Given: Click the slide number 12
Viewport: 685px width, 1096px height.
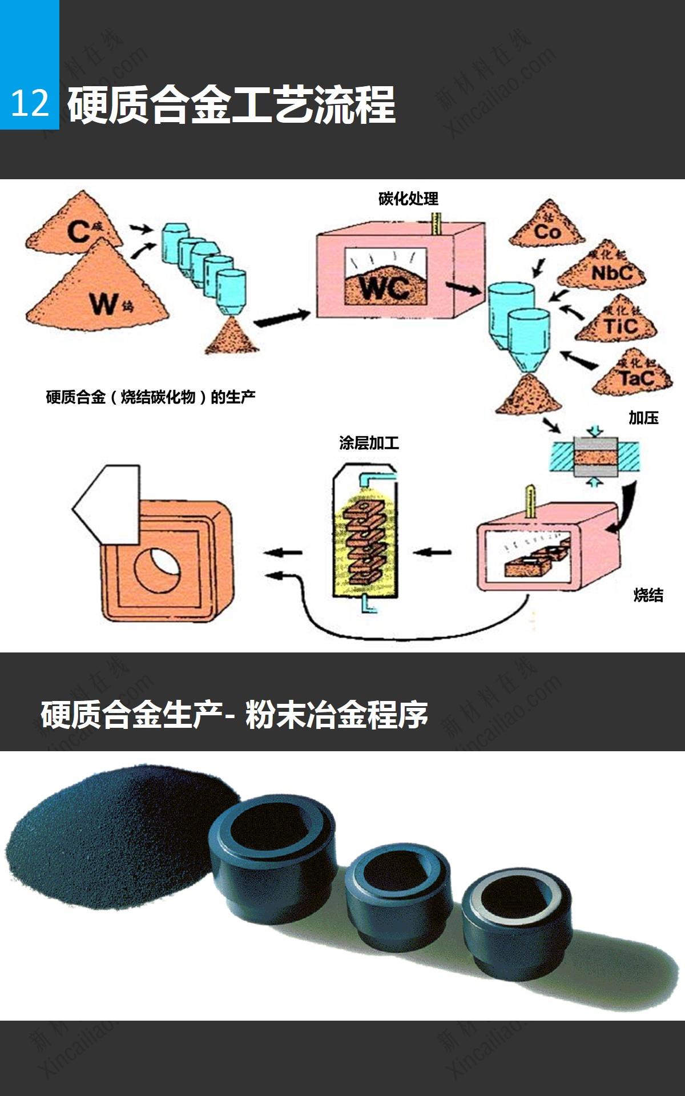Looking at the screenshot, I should [30, 104].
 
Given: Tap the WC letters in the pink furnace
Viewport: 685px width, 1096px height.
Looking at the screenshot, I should [385, 287].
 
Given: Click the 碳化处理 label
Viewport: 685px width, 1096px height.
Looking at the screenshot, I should [408, 199].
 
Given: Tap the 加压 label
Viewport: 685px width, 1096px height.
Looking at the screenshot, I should [643, 418].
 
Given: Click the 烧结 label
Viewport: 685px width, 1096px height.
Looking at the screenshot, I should [648, 595].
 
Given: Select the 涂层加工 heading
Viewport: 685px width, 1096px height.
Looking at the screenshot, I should [369, 443].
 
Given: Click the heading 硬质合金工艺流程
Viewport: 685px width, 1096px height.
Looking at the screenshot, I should [231, 106].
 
